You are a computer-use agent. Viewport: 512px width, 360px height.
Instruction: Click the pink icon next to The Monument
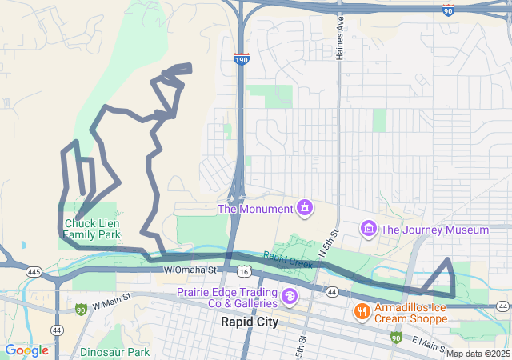pyautogui.click(x=304, y=209)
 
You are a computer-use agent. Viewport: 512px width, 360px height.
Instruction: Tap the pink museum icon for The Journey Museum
pyautogui.click(x=368, y=230)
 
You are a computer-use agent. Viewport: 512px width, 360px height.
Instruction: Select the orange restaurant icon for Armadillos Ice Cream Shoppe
pyautogui.click(x=362, y=310)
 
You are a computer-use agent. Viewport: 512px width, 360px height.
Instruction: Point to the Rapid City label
pyautogui.click(x=248, y=322)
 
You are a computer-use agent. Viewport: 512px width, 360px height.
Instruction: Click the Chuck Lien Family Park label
pyautogui.click(x=91, y=230)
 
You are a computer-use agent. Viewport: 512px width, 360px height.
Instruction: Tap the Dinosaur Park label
pyautogui.click(x=114, y=351)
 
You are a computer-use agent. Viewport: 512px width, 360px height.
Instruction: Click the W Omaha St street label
pyautogui.click(x=191, y=270)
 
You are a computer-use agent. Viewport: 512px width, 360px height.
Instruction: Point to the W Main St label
pyautogui.click(x=111, y=304)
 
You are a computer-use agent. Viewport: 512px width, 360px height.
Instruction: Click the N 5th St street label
pyautogui.click(x=329, y=243)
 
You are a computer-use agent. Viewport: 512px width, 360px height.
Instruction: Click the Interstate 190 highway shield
pyautogui.click(x=242, y=58)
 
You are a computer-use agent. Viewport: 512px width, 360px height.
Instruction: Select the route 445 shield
pyautogui.click(x=34, y=272)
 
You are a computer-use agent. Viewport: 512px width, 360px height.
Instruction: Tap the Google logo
pyautogui.click(x=26, y=350)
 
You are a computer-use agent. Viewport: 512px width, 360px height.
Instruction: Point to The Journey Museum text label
pyautogui.click(x=434, y=230)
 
